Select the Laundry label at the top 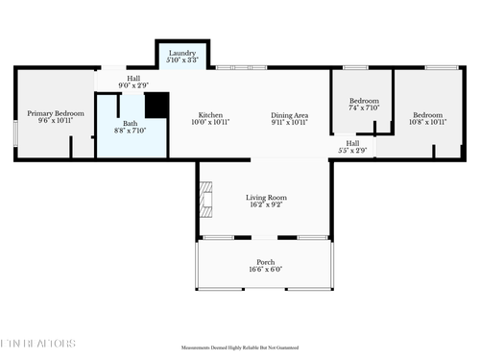tap(182, 53)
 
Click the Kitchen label tap(210, 113)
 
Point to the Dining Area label tap(288, 113)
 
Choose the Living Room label tap(265, 197)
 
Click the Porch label tap(265, 262)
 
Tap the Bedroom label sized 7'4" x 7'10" tap(364, 101)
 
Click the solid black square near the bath tap(156, 105)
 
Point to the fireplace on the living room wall tap(204, 200)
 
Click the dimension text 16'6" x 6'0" tap(265, 270)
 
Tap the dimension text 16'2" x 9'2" tap(265, 204)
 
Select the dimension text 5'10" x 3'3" tap(182, 60)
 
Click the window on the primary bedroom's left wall tap(15, 132)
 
